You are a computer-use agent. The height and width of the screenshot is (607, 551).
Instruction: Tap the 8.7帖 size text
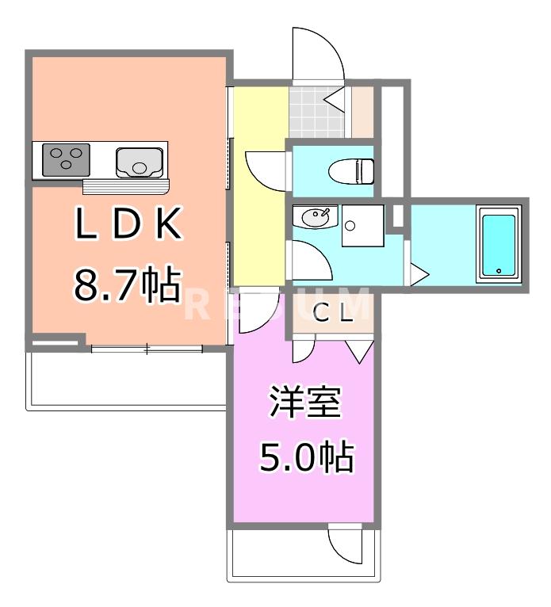click(x=127, y=284)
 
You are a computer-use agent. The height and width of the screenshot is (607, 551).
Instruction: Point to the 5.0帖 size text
click(x=305, y=456)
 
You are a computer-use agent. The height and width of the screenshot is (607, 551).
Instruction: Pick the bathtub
click(x=499, y=243)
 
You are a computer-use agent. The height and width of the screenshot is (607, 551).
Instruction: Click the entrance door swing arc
click(x=317, y=55)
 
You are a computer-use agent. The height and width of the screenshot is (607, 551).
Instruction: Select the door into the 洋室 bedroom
click(x=257, y=311)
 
